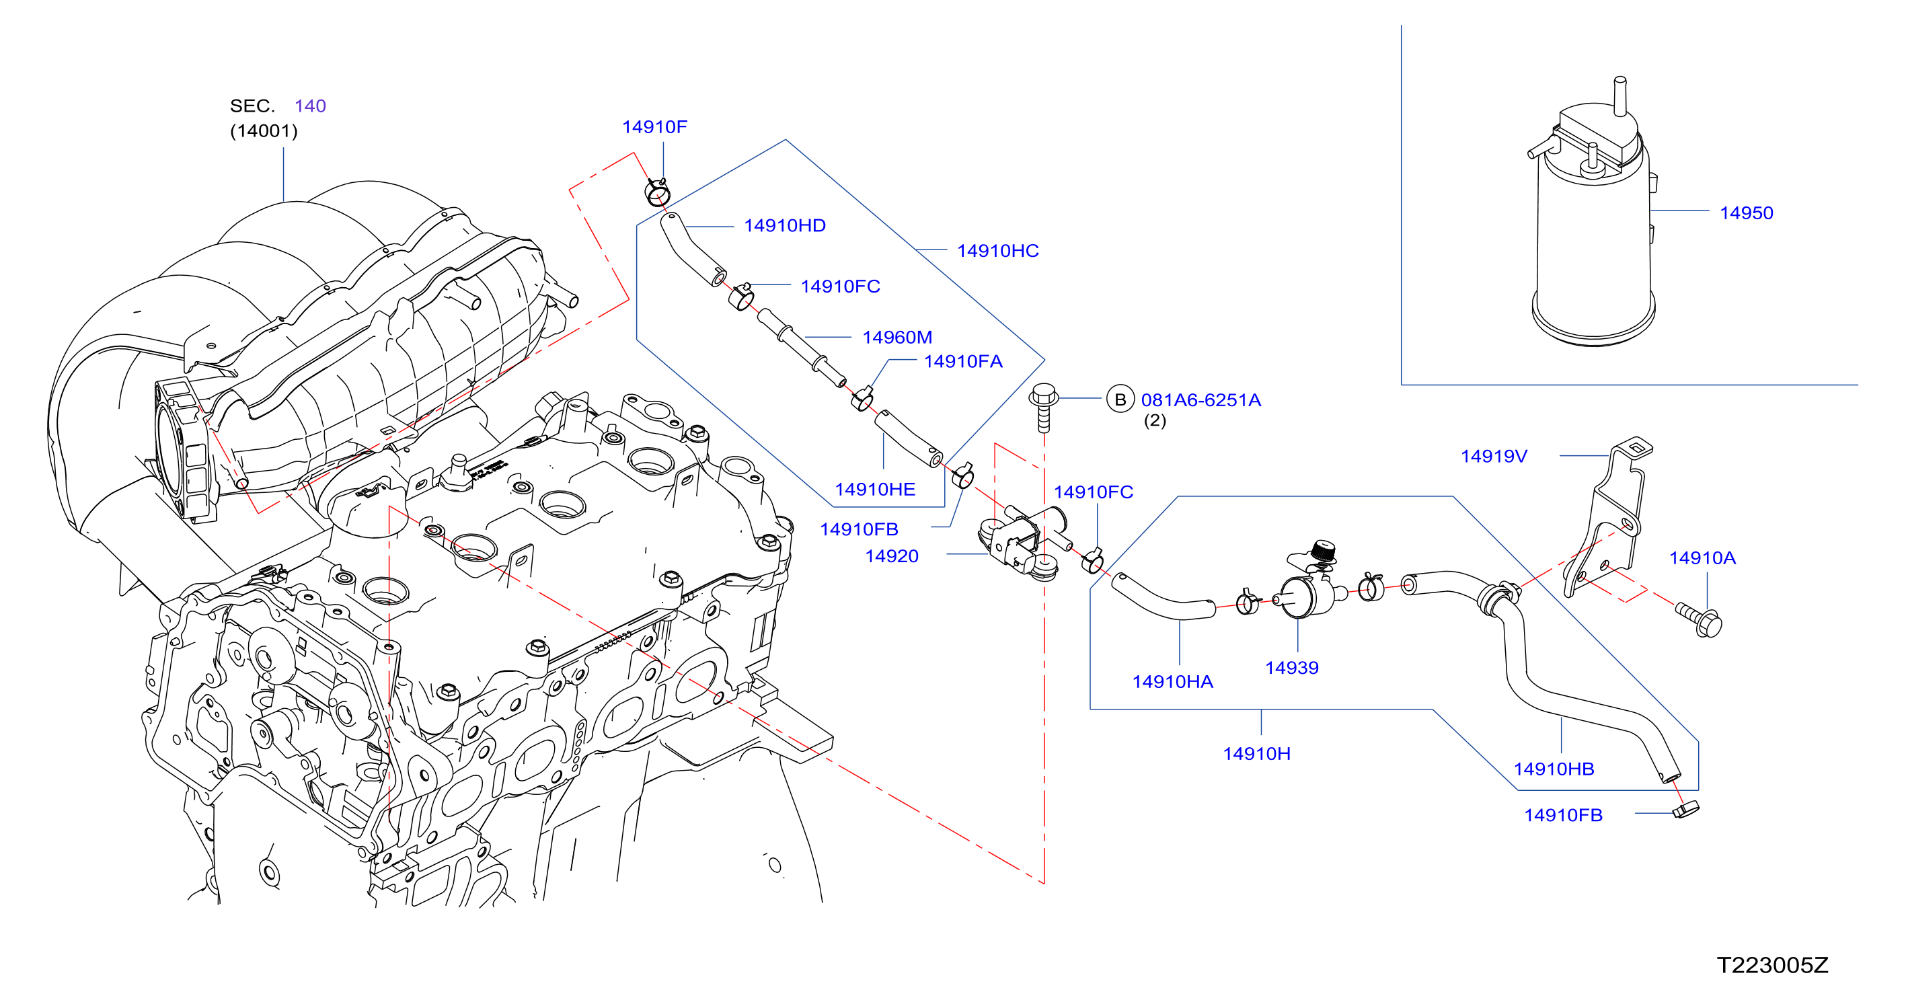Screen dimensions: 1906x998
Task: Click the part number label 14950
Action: tap(1746, 213)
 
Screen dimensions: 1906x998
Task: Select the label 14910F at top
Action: tap(654, 126)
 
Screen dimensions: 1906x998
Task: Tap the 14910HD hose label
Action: tap(784, 226)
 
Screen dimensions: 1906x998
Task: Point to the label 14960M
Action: tap(897, 338)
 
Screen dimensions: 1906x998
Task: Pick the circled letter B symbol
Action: tap(1120, 399)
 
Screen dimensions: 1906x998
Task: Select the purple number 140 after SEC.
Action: tap(310, 106)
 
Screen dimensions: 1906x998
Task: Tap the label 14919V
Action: tap(1493, 457)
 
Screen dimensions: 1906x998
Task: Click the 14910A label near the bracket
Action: tap(1702, 558)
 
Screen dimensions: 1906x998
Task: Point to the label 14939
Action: tap(1291, 668)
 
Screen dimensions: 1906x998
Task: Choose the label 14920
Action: tap(892, 556)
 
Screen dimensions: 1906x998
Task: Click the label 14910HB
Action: tap(1553, 769)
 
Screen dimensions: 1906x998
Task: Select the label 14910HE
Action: tap(874, 490)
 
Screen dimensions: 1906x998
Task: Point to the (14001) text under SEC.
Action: tap(264, 131)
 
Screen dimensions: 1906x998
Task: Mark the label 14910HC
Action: tap(997, 251)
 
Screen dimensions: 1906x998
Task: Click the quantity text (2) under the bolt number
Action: tap(1154, 421)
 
